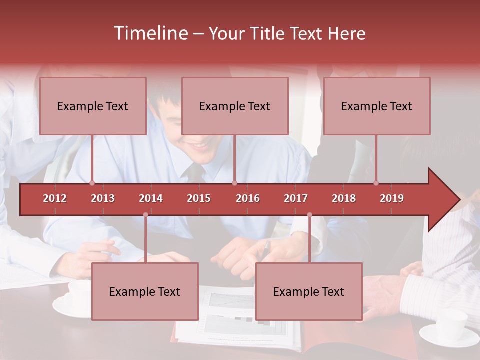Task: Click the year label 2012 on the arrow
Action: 55,198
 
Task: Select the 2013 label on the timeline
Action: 103,198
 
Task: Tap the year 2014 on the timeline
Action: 151,198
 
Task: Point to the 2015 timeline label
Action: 199,198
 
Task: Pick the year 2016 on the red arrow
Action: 248,198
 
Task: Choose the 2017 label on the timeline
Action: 296,198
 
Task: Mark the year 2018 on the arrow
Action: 344,198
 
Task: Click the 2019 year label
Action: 392,198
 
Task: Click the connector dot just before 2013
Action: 92,183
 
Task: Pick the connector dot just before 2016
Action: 234,183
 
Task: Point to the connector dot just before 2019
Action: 376,183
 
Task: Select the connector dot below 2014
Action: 145,215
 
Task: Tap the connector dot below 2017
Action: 309,215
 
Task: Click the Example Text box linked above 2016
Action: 235,106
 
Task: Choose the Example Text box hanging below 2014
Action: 145,291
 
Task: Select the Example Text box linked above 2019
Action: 377,106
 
